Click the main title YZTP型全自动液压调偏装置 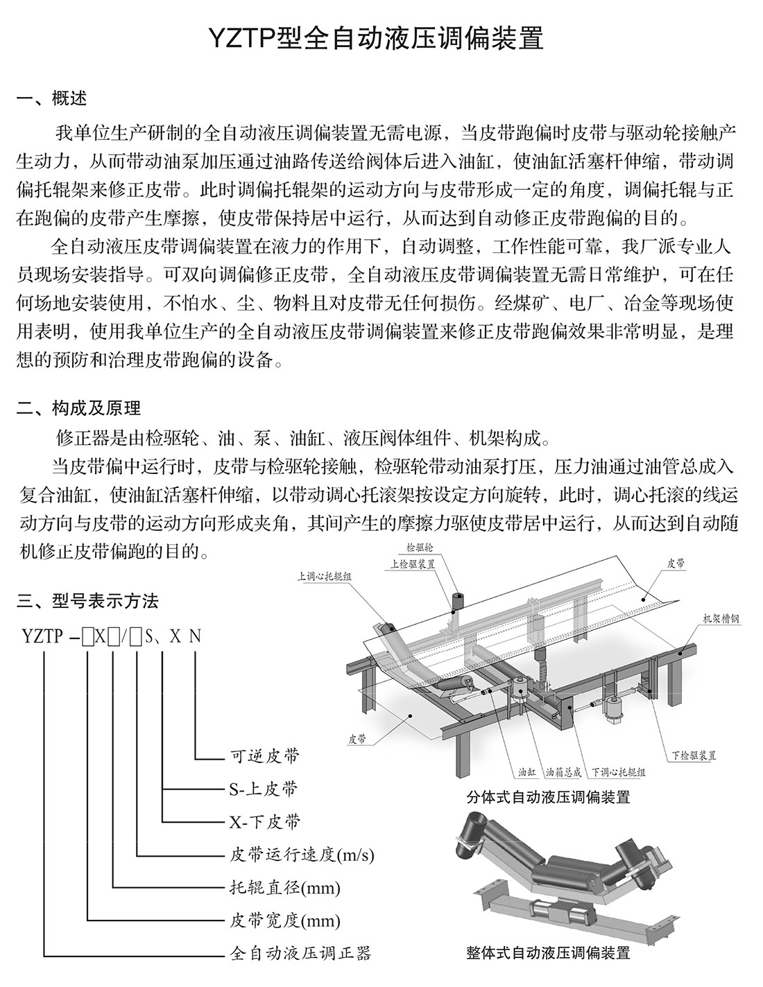coord(381,39)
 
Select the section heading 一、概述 coord(52,98)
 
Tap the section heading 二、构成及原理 coord(79,408)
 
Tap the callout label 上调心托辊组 coord(324,575)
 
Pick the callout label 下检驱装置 coord(694,755)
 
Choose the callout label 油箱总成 coord(564,771)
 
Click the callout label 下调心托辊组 coord(619,771)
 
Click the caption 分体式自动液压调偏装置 coord(549,797)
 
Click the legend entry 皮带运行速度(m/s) coord(302,854)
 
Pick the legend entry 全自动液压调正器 coord(300,954)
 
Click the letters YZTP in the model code coord(42,636)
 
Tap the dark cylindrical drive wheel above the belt coord(458,600)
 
